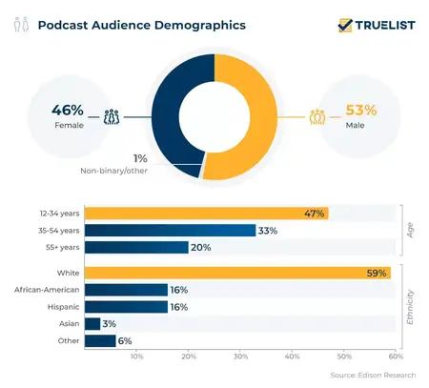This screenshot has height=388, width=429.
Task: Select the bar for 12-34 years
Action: (206, 213)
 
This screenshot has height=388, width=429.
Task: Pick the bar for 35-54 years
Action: (171, 230)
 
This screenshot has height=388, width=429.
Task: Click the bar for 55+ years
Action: (136, 247)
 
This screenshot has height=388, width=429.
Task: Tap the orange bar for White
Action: (237, 274)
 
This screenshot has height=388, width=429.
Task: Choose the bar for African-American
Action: (126, 290)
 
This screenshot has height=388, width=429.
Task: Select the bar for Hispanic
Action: (126, 307)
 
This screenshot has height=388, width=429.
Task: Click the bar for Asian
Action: (92, 324)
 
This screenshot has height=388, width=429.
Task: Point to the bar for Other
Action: (100, 340)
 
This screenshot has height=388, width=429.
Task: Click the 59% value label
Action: (377, 274)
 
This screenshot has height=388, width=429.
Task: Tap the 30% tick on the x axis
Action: (240, 357)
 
